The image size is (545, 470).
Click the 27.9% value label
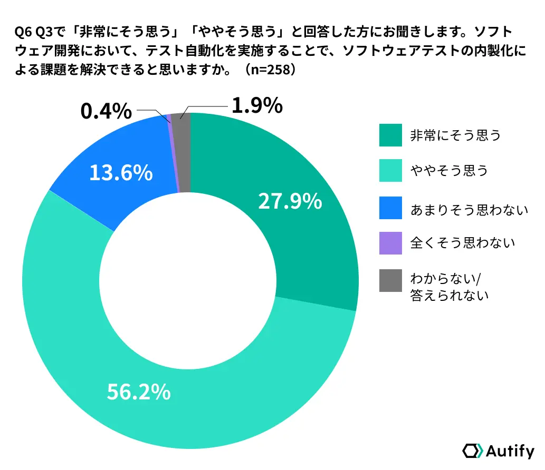290,201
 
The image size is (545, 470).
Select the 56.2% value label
139,391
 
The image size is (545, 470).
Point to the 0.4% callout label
106,111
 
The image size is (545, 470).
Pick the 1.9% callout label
257,106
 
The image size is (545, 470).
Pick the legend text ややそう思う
449,171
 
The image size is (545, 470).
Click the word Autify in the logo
509,451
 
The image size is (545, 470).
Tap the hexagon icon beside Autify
472,451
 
